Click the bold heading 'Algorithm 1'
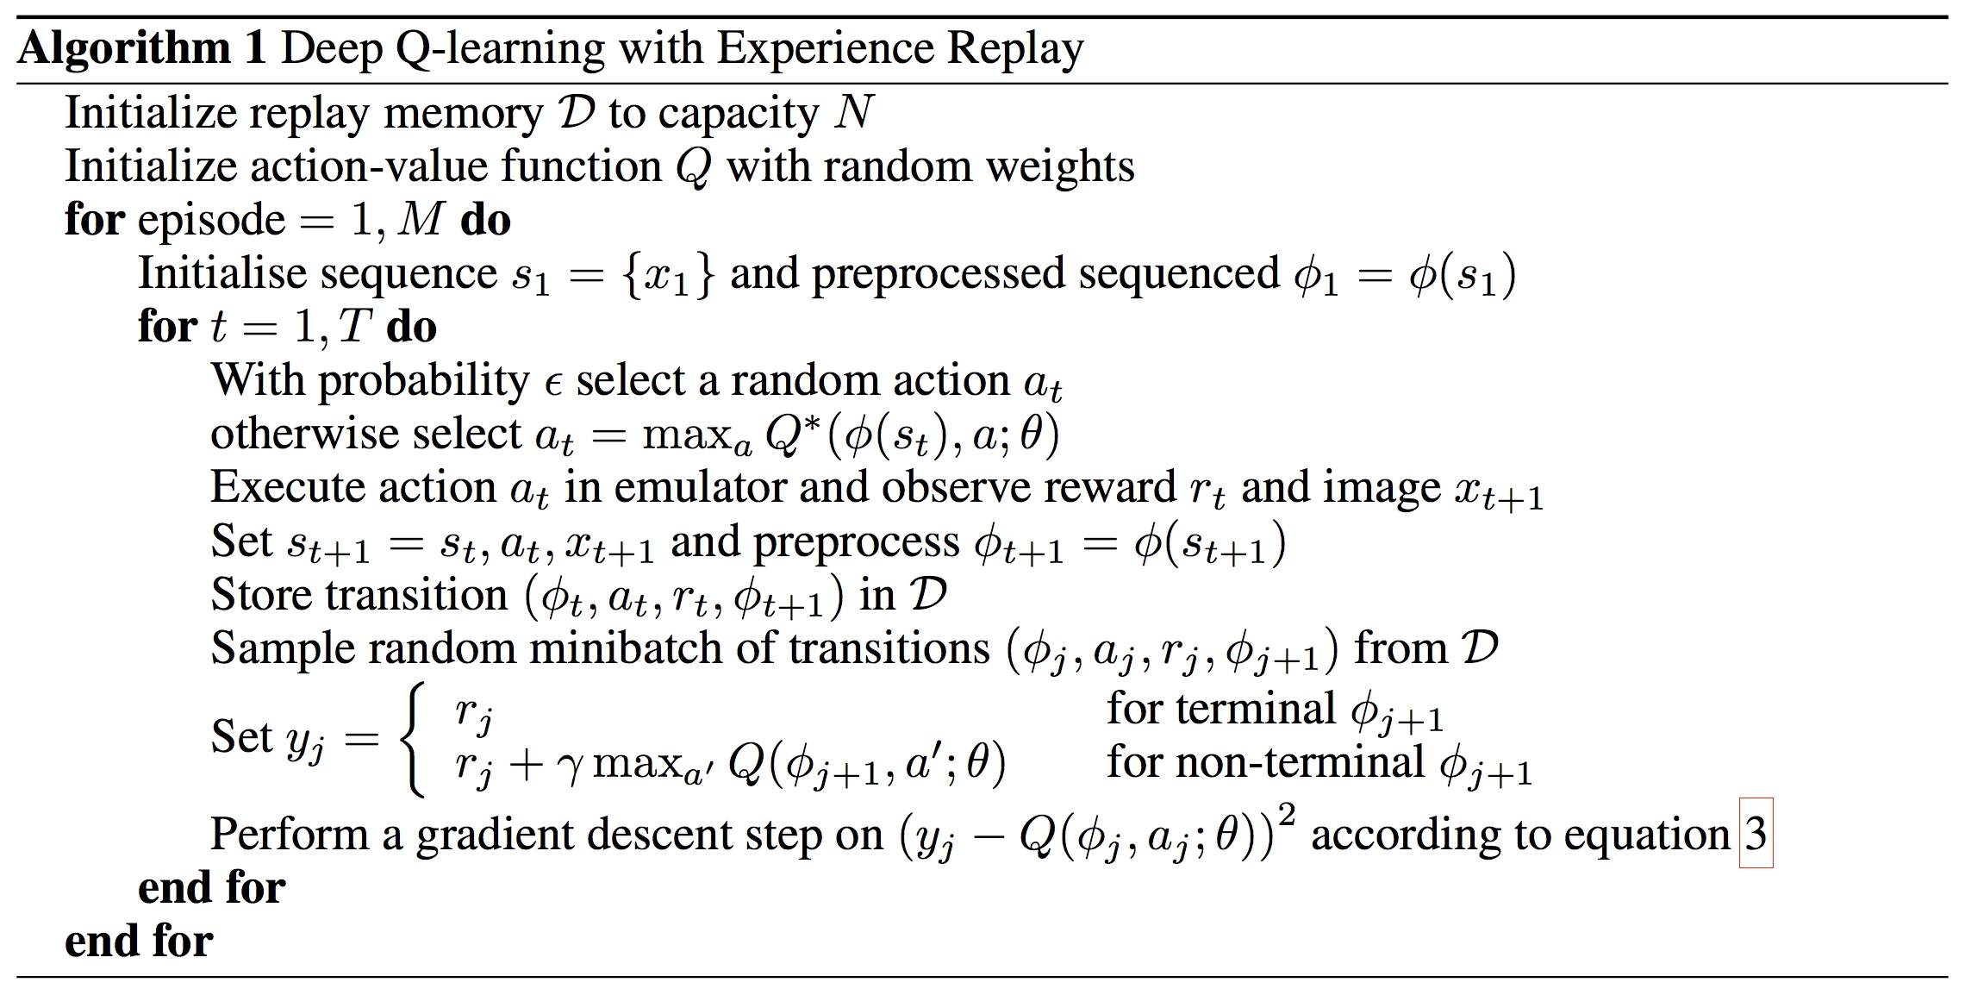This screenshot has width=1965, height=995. [x=141, y=48]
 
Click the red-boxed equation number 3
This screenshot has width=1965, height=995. [x=1756, y=834]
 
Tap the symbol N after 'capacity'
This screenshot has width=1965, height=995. [x=853, y=113]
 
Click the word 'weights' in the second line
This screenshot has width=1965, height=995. [x=1059, y=166]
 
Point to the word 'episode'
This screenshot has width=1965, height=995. [x=211, y=221]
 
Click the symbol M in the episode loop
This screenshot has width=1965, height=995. [x=421, y=220]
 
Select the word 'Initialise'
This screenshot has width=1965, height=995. [x=222, y=273]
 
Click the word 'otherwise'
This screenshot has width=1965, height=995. [x=292, y=434]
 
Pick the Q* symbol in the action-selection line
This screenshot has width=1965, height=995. [x=791, y=434]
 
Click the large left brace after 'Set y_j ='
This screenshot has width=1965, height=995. [x=413, y=738]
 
